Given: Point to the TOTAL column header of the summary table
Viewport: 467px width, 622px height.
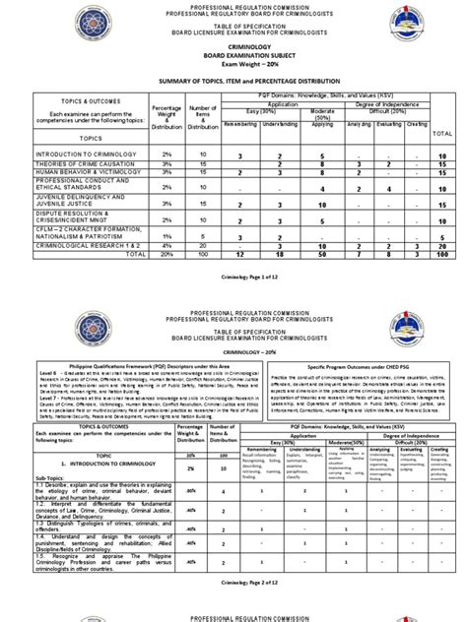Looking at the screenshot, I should [442, 132].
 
